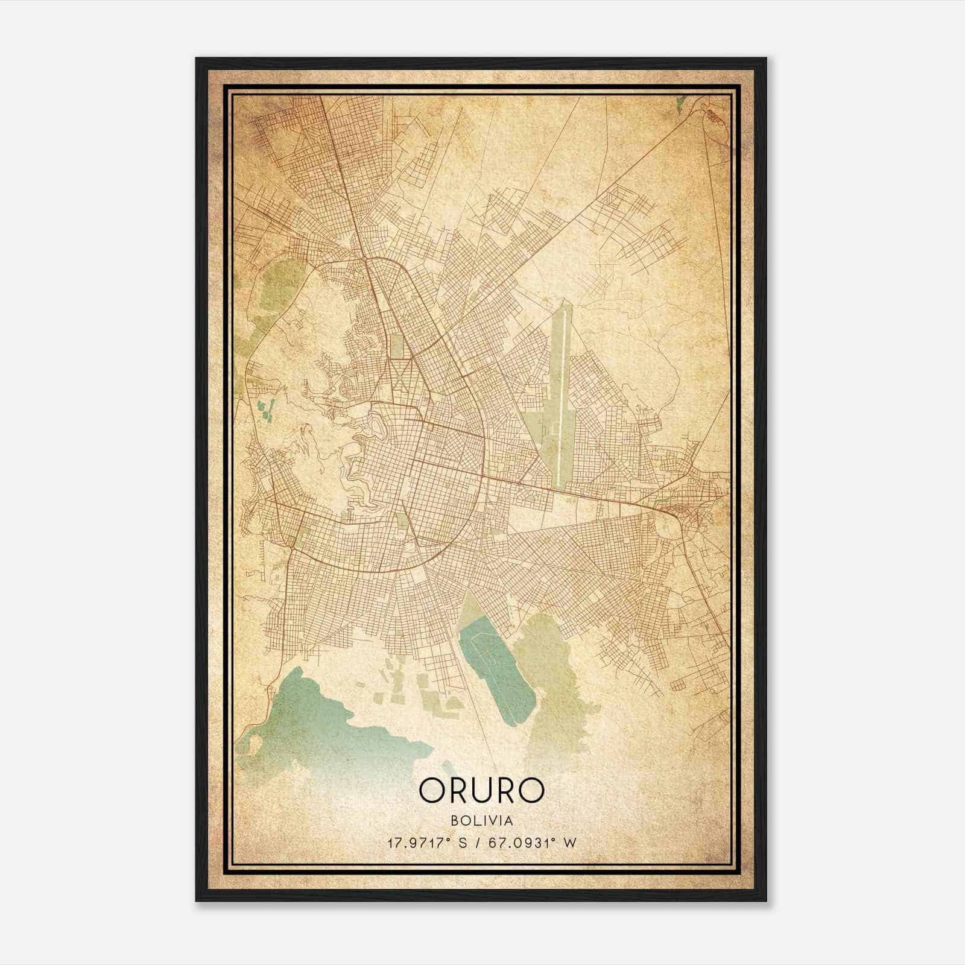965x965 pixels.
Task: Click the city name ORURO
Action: click(x=481, y=791)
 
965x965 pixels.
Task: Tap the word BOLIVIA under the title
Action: click(x=481, y=820)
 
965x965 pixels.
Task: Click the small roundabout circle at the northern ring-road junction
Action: click(x=366, y=259)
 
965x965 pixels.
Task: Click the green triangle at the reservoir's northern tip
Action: click(x=469, y=606)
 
